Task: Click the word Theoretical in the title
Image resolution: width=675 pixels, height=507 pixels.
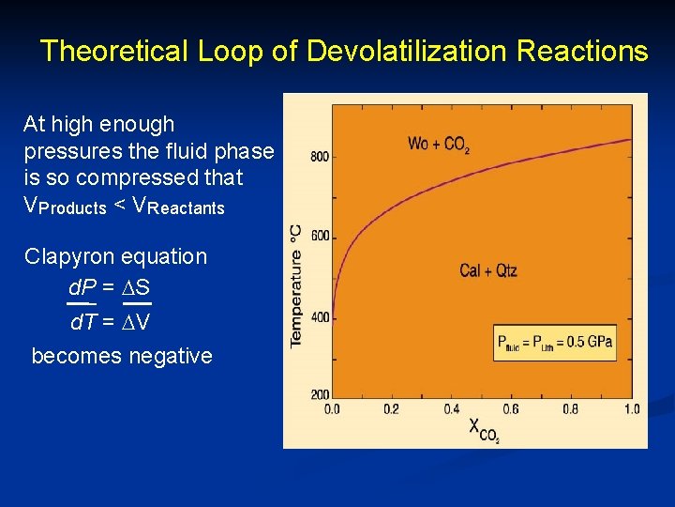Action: pyautogui.click(x=114, y=51)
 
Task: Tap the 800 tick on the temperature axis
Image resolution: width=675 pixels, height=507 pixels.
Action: pyautogui.click(x=319, y=156)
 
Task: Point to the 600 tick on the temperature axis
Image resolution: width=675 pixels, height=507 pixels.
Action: pyautogui.click(x=319, y=237)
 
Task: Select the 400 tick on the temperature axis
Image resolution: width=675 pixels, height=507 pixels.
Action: pyautogui.click(x=319, y=317)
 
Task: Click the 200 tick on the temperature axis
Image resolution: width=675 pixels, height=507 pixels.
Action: pyautogui.click(x=319, y=394)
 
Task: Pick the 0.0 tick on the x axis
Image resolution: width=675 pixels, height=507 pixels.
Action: pyautogui.click(x=333, y=409)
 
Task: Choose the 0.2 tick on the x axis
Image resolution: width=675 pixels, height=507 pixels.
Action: pyautogui.click(x=392, y=409)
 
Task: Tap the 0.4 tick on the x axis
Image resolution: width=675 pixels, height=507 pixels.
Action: pyautogui.click(x=452, y=409)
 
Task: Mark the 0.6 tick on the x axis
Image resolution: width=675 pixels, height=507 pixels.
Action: pyautogui.click(x=511, y=409)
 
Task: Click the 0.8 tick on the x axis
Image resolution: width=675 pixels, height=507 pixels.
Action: pyautogui.click(x=571, y=409)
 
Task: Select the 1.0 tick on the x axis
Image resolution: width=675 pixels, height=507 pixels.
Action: pyautogui.click(x=631, y=409)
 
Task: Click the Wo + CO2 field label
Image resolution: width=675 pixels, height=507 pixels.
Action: pyautogui.click(x=439, y=146)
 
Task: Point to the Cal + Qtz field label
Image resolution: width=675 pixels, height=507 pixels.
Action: pyautogui.click(x=488, y=270)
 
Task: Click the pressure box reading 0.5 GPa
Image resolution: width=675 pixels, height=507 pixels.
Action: pyautogui.click(x=555, y=342)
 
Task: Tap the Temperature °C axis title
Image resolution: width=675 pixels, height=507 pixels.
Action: pyautogui.click(x=296, y=285)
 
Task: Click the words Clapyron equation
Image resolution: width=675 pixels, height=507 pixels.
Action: pyautogui.click(x=116, y=256)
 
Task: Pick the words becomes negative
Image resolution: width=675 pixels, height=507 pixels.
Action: pyautogui.click(x=122, y=356)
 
